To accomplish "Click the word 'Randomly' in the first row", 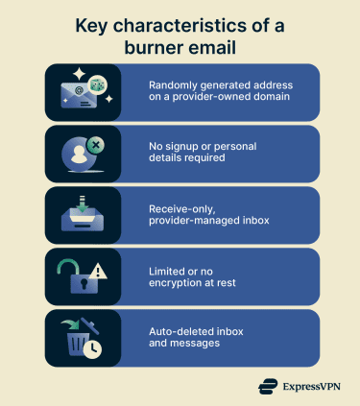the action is point(173,85).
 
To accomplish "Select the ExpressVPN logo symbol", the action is point(269,388).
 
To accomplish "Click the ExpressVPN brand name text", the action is point(315,388).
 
